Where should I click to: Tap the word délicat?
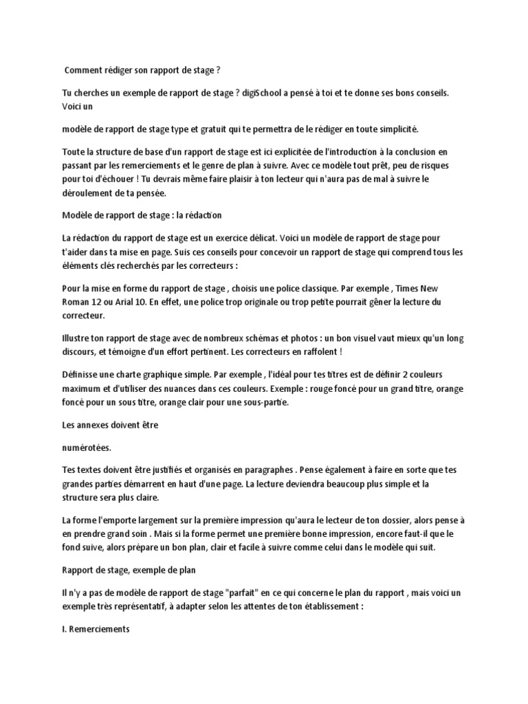point(254,237)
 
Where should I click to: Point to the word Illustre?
point(78,338)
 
